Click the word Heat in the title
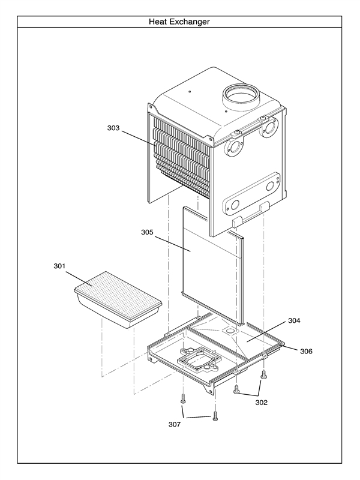pos(160,22)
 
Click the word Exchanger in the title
pos(190,22)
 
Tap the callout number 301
pos(60,266)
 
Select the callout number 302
pos(261,403)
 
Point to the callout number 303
pos(114,128)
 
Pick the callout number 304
pos(294,321)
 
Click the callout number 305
pos(148,232)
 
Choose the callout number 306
pos(305,350)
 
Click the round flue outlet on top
pos(238,95)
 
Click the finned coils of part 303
pos(180,156)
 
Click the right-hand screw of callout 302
pos(263,376)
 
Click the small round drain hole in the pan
pos(229,331)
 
